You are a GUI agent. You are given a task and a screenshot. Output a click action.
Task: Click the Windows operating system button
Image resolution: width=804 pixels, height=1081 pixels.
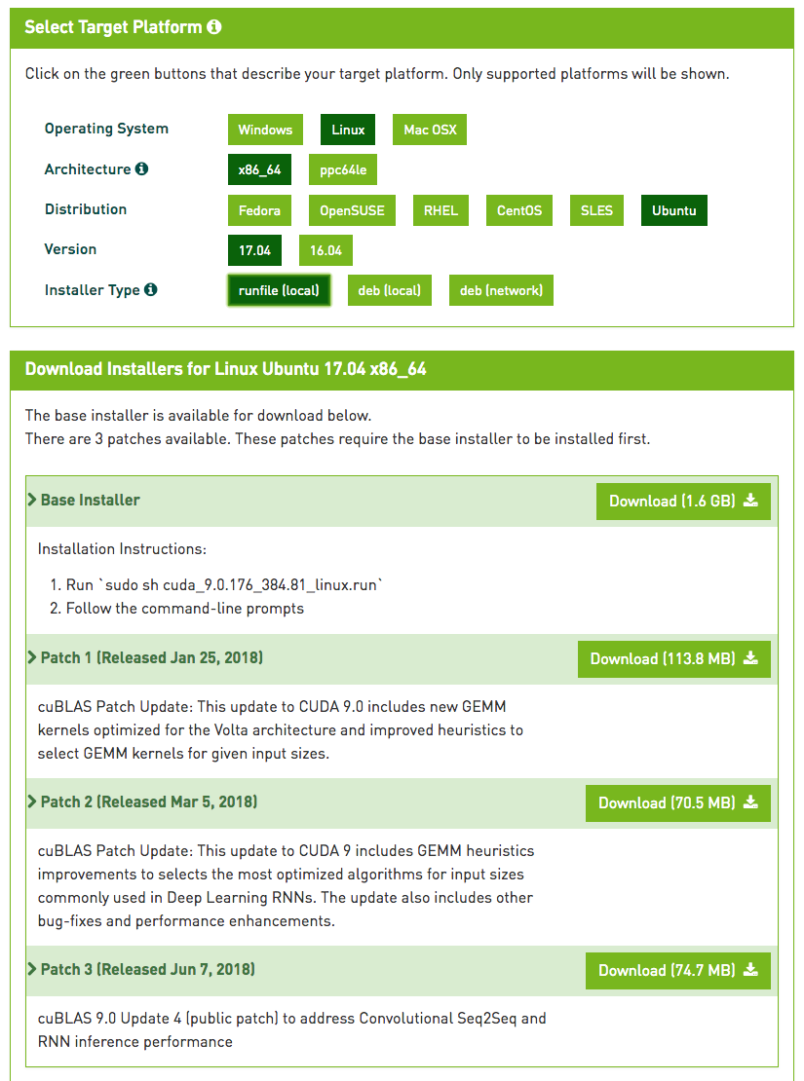265,130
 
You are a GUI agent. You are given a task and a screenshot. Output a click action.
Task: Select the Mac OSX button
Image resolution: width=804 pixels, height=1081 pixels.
430,130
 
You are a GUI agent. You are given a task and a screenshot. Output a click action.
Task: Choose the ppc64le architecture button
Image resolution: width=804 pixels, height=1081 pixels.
343,169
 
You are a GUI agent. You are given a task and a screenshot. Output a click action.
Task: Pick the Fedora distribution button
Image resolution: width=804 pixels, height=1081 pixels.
260,210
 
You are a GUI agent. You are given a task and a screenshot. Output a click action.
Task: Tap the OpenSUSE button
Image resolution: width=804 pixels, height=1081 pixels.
352,210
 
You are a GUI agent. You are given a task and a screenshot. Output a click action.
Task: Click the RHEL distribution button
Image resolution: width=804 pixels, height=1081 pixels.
440,210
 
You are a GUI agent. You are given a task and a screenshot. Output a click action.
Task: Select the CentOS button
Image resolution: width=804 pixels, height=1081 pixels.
518,210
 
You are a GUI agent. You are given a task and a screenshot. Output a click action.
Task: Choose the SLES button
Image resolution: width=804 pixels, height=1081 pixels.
596,210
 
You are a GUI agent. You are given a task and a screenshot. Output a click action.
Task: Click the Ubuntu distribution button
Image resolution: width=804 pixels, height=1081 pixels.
673,210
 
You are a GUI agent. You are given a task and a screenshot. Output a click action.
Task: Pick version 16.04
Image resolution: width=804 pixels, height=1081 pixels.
325,250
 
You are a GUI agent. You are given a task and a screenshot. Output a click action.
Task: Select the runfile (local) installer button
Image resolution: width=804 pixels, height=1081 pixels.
279,290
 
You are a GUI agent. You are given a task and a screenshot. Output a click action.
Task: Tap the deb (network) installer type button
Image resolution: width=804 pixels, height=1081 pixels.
501,290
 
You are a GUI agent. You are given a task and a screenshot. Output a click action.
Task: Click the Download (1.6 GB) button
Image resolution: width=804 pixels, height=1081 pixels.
683,501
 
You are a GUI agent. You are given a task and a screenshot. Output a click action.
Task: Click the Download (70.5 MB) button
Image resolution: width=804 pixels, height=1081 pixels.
677,802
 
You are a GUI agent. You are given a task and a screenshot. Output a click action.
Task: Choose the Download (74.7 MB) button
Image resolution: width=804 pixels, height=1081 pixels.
677,970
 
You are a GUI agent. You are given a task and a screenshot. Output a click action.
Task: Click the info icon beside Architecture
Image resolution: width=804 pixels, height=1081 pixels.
142,169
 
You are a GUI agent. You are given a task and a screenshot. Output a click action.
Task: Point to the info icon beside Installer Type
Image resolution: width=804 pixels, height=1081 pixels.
151,290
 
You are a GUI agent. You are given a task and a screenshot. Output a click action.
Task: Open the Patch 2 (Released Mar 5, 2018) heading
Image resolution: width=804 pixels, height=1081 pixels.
148,802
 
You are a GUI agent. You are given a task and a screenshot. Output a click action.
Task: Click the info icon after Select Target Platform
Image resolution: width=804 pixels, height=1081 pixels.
214,27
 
